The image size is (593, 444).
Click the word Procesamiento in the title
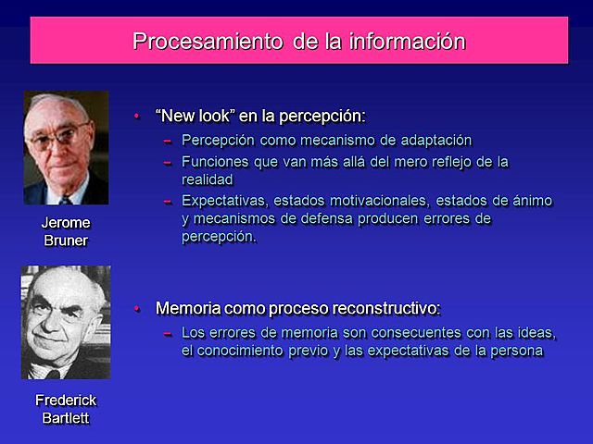pos(193,42)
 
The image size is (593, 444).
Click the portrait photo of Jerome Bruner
pos(66,148)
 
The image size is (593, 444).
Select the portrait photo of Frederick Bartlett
pos(66,321)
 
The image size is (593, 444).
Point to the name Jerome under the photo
pos(66,224)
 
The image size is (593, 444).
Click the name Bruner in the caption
pos(66,241)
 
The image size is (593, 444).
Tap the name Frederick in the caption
pos(66,401)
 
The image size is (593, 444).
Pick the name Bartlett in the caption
pos(66,418)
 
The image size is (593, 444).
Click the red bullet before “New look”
pos(136,116)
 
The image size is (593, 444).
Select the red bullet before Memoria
pos(136,308)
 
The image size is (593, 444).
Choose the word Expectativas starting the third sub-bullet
pos(224,201)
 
